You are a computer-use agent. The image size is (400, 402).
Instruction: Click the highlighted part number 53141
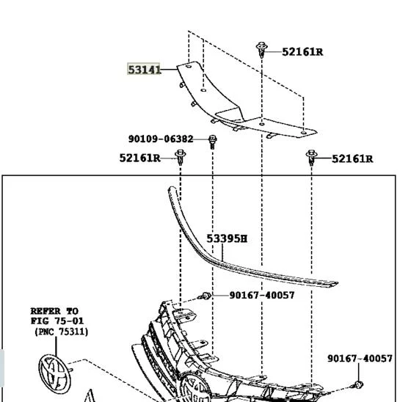click(x=145, y=70)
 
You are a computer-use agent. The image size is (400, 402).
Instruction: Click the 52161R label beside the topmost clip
click(x=302, y=52)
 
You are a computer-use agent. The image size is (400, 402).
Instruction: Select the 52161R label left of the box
click(x=140, y=158)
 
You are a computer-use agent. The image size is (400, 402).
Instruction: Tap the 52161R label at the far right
click(x=352, y=159)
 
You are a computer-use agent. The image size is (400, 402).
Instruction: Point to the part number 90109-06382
click(x=161, y=139)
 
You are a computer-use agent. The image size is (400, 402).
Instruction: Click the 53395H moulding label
click(x=227, y=238)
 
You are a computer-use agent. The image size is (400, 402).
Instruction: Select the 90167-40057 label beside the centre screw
click(x=262, y=296)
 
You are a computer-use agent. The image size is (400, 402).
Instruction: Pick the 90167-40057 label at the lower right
click(x=360, y=359)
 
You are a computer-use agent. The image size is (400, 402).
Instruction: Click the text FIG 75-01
click(x=57, y=321)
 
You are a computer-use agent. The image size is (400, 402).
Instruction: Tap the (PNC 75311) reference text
click(x=62, y=332)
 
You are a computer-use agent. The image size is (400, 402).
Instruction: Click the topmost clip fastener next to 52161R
click(x=262, y=50)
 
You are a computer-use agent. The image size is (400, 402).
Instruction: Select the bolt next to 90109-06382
click(x=212, y=142)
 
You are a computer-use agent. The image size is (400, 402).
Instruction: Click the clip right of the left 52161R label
click(x=181, y=157)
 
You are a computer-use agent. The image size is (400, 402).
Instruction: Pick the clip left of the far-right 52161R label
click(x=311, y=158)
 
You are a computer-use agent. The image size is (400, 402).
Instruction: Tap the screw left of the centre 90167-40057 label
click(x=205, y=296)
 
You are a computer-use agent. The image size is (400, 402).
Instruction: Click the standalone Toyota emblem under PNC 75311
click(x=54, y=374)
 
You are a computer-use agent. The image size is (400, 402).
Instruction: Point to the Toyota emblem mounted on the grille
click(x=195, y=388)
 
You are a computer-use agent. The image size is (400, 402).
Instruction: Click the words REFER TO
click(x=54, y=311)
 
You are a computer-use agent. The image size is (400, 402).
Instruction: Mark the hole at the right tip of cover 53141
click(x=304, y=133)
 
